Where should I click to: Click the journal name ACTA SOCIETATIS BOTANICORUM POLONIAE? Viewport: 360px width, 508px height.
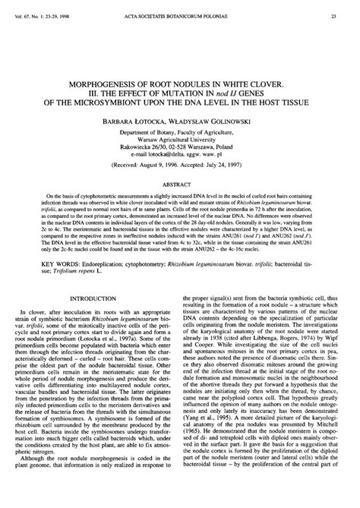click(x=180, y=14)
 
